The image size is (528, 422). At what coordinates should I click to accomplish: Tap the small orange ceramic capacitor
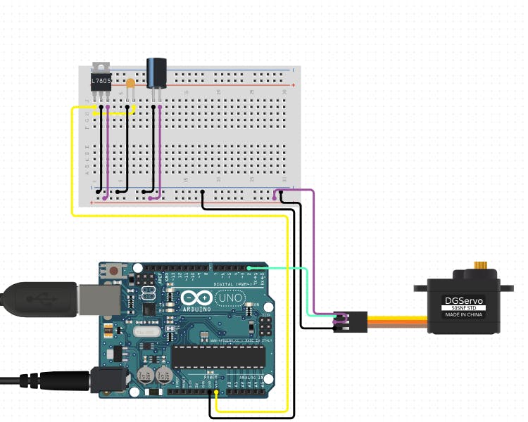coord(130,83)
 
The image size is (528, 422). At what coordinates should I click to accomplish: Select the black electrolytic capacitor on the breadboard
coord(156,72)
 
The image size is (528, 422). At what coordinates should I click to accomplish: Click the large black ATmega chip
coord(219,357)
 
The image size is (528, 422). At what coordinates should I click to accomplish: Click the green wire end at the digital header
coord(249,268)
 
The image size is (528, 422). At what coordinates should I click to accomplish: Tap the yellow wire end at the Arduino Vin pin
coord(217,392)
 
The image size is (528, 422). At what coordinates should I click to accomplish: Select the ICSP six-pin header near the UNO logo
coord(266,326)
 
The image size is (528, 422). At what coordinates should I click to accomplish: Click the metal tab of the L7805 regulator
coord(101,68)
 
